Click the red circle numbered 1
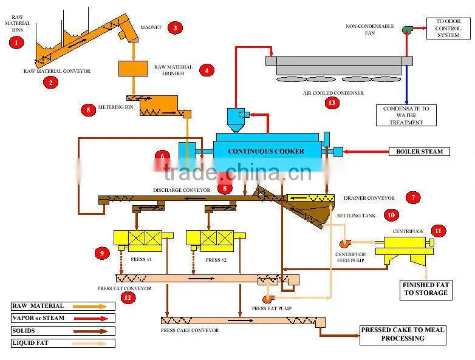pos(16,42)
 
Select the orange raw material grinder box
pos(133,69)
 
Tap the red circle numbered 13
pos(332,103)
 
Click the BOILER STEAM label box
pos(419,151)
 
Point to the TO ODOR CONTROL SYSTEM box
pos(448,29)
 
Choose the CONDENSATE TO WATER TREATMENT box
pos(406,115)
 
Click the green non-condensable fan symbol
pos(407,30)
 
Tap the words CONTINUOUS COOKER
pos(266,151)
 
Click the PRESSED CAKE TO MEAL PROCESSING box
pos(403,335)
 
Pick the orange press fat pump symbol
pos(268,299)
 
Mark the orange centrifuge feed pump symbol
pos(345,243)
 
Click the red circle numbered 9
pos(102,253)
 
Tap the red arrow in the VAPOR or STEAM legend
pos(91,319)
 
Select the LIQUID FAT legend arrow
pos(90,344)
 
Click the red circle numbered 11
pos(439,231)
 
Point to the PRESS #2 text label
pos(216,260)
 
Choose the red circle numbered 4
pos(207,70)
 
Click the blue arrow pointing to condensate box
pos(406,85)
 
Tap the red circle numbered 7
pos(413,198)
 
